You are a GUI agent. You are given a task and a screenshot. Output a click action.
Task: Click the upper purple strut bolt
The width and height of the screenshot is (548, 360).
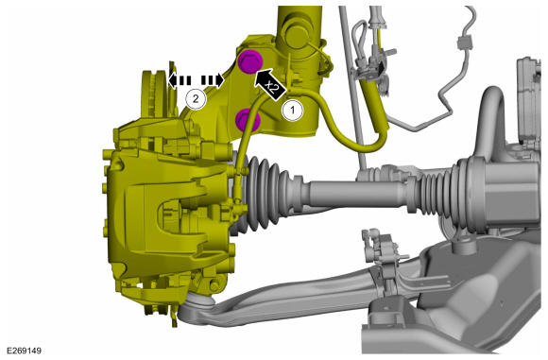[250, 61]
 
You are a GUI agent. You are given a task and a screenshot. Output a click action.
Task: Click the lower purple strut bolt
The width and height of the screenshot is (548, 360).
[248, 120]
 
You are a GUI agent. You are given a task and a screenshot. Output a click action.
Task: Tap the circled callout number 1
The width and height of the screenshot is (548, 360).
[293, 111]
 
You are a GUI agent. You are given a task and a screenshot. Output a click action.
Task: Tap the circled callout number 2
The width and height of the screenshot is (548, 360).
[196, 99]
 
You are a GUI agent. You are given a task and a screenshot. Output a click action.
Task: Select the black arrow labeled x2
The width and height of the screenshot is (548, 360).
[270, 85]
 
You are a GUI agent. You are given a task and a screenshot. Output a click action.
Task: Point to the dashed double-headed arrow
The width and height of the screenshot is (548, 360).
[196, 80]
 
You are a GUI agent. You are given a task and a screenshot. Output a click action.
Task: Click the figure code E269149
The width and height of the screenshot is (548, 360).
[24, 351]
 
